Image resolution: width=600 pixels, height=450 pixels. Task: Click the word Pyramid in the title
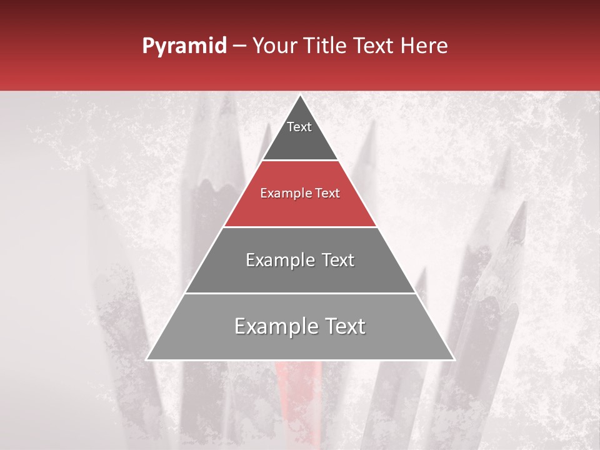(x=184, y=46)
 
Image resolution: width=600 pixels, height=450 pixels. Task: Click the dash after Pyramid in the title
(x=239, y=46)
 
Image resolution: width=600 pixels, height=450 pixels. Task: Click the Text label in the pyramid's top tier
(x=299, y=127)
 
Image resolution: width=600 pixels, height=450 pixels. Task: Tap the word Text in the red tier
(x=327, y=194)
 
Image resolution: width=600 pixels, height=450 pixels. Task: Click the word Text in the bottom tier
(x=342, y=326)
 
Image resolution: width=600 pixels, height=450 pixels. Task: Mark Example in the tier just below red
(x=276, y=260)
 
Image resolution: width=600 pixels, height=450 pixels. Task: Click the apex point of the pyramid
(x=300, y=96)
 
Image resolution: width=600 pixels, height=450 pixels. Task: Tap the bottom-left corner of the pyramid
(x=147, y=359)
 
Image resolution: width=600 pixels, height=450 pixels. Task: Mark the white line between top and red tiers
(x=300, y=161)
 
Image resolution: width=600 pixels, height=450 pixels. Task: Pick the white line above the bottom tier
(x=300, y=293)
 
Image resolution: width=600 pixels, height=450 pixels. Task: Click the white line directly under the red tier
(x=300, y=227)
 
